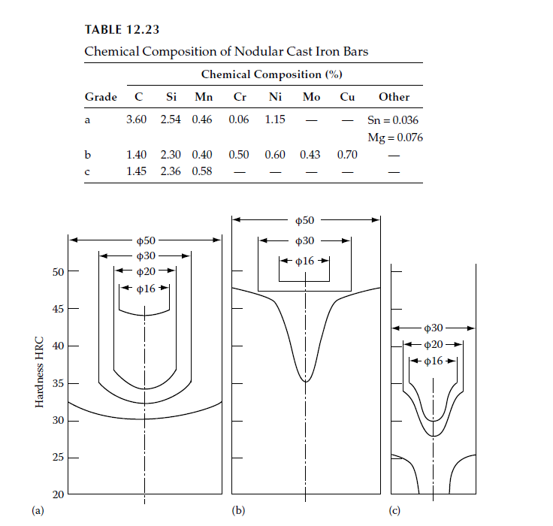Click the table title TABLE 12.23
click(122, 29)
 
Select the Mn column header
click(204, 97)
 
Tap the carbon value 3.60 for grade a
click(137, 119)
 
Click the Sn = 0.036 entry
click(393, 120)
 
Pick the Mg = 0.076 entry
click(395, 138)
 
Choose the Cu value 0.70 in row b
click(347, 155)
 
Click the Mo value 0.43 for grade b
click(310, 155)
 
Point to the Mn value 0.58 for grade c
click(202, 171)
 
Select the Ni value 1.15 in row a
click(275, 119)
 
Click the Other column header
click(394, 97)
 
